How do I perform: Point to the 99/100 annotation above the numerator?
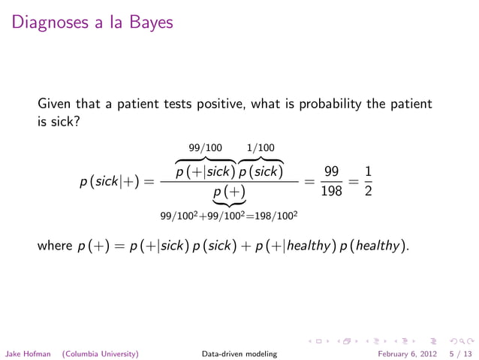[205, 147]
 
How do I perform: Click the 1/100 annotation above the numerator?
[261, 147]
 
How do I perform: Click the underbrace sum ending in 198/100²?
[229, 216]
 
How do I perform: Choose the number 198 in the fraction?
[330, 192]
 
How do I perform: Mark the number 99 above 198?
[330, 173]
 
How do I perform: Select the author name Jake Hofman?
[29, 352]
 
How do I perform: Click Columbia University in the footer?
[100, 352]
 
